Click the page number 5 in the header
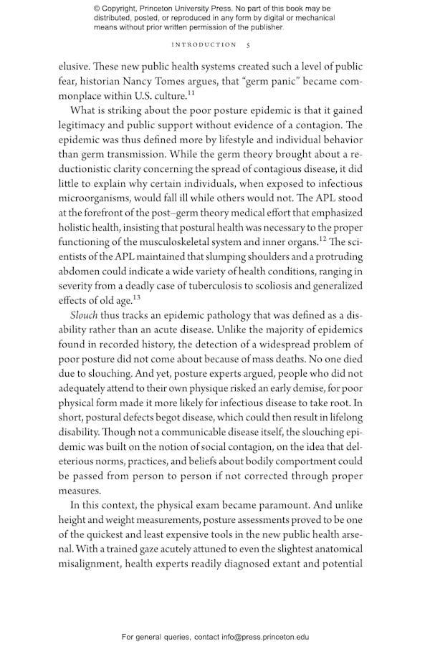(x=248, y=44)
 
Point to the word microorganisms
(x=95, y=198)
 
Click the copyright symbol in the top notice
(x=97, y=9)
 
